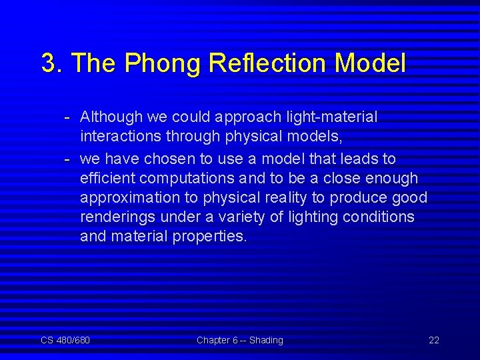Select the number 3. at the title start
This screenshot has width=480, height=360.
[x=53, y=63]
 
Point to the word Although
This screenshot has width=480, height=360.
[x=111, y=117]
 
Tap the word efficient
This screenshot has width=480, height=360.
[x=107, y=178]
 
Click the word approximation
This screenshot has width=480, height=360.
[x=126, y=197]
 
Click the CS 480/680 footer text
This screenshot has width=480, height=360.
[x=65, y=340]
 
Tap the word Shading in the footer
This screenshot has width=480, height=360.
[x=266, y=340]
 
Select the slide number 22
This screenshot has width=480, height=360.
[x=433, y=340]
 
